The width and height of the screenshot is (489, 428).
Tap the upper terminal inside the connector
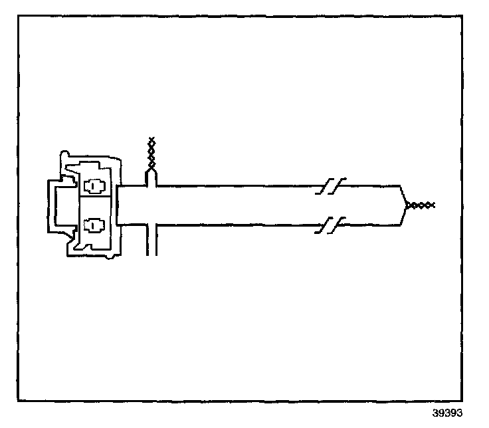click(x=94, y=187)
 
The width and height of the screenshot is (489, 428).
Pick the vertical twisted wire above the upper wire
click(x=151, y=154)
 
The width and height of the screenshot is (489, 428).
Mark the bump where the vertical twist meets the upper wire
click(x=151, y=177)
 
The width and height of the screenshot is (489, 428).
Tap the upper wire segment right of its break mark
click(x=369, y=186)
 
